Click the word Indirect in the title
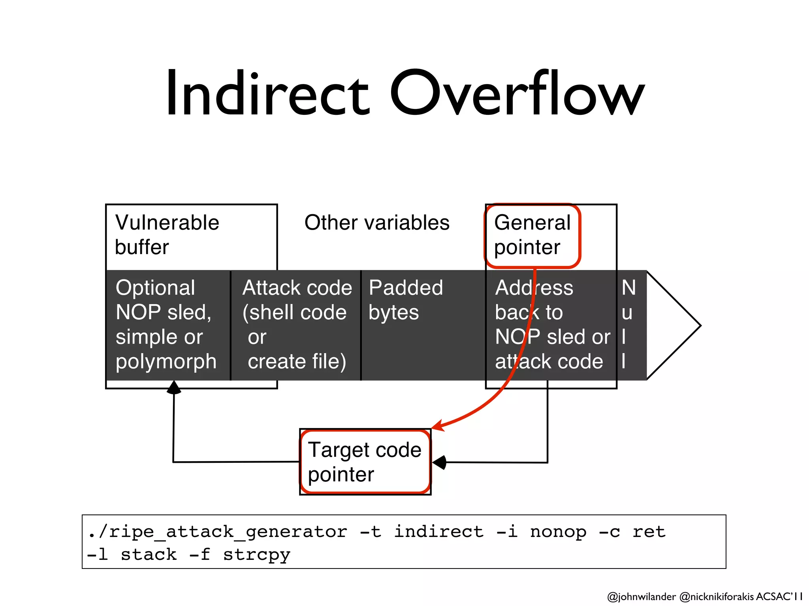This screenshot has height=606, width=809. (267, 94)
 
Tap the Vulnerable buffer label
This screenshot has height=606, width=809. (167, 235)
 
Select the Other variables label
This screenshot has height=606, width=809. (377, 223)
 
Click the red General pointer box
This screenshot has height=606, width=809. (532, 235)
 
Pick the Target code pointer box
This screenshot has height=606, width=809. (365, 462)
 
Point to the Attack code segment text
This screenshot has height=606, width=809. (296, 324)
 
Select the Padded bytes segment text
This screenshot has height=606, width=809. (406, 300)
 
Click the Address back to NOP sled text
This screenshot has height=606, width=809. (552, 324)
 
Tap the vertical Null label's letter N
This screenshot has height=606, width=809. (628, 288)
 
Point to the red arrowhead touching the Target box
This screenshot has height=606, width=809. (438, 426)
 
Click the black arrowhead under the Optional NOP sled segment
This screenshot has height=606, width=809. (174, 387)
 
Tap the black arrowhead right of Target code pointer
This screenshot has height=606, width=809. (439, 462)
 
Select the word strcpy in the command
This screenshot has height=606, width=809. (257, 555)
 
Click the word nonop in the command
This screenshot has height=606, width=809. (558, 532)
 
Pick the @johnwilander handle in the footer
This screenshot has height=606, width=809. (641, 597)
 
